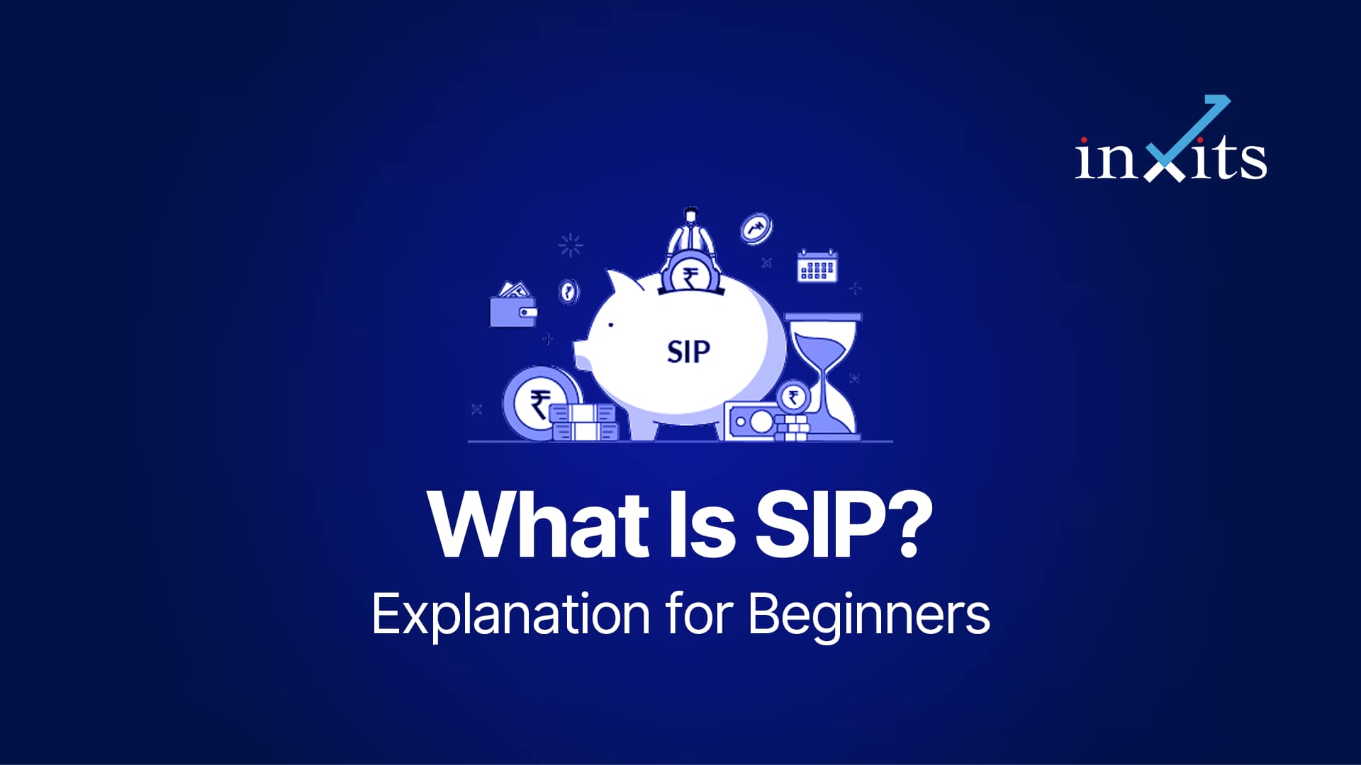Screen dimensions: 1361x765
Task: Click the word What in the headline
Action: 539,525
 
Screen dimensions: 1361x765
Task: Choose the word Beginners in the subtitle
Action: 869,615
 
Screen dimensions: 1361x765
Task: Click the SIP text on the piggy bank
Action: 688,351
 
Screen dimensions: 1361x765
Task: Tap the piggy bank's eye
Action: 610,325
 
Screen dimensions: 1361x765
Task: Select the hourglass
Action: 824,375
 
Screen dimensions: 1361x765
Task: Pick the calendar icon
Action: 818,266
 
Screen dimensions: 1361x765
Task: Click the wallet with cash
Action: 513,305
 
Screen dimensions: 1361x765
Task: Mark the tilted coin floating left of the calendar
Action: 756,229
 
